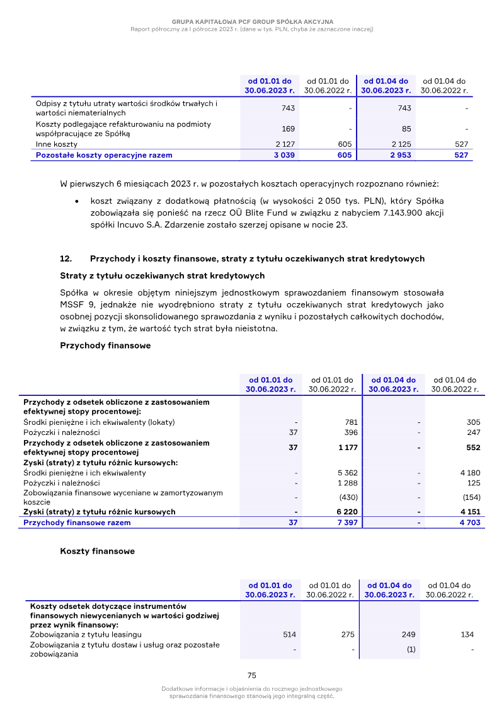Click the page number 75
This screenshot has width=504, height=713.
pyautogui.click(x=252, y=675)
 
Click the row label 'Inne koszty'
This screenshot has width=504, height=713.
pyautogui.click(x=57, y=144)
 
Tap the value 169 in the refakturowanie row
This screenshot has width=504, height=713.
pyautogui.click(x=288, y=129)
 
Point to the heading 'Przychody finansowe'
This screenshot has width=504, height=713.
pyautogui.click(x=105, y=345)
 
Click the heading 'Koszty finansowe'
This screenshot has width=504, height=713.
pyautogui.click(x=97, y=551)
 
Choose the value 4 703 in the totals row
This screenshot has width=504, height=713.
pyautogui.click(x=469, y=523)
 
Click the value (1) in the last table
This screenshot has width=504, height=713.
pyautogui.click(x=410, y=650)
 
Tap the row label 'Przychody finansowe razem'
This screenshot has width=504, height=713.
pyautogui.click(x=77, y=523)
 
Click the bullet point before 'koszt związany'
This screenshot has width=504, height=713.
pyautogui.click(x=76, y=201)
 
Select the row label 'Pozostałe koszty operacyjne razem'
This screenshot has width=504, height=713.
pyautogui.click(x=104, y=155)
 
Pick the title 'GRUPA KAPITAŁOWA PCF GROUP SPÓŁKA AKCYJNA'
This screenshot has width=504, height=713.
pyautogui.click(x=252, y=21)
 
